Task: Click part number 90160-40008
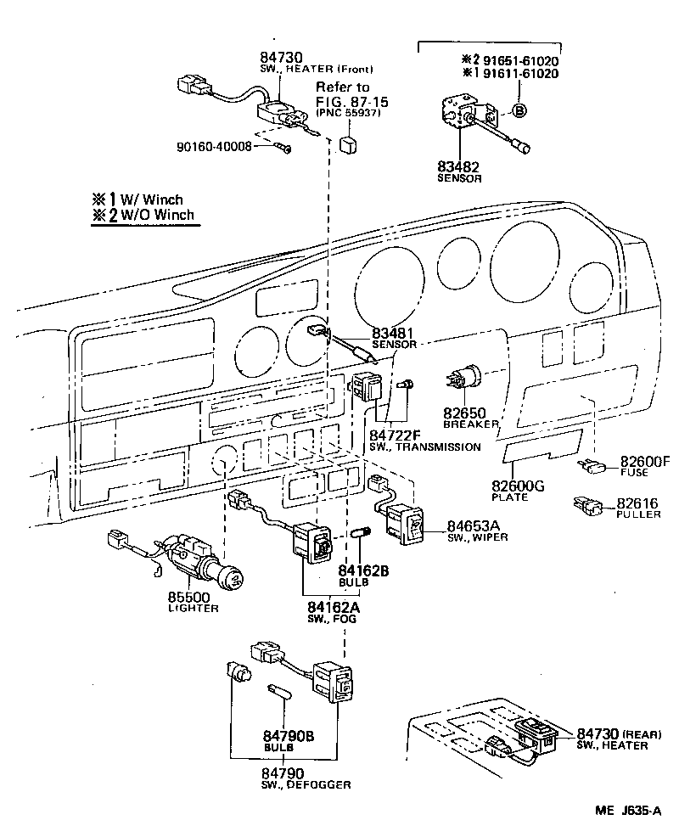[x=215, y=147]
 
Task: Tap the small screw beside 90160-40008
[x=283, y=149]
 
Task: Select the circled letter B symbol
[x=519, y=110]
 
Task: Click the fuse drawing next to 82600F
[x=593, y=465]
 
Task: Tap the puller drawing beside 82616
[x=589, y=506]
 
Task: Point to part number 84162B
[x=363, y=570]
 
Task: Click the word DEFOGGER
[x=321, y=785]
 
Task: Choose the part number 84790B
[x=288, y=735]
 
